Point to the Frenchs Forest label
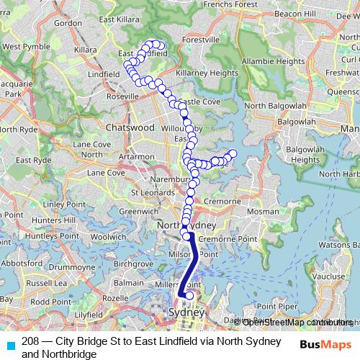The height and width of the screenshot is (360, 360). tap(230, 4)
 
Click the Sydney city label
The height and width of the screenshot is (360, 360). tap(186, 313)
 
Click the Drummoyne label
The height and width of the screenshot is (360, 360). tap(72, 267)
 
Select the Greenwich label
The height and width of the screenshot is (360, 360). tap(134, 212)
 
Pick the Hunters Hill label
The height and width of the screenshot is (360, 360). tap(49, 220)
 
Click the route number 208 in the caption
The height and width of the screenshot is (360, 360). tap(30, 341)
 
